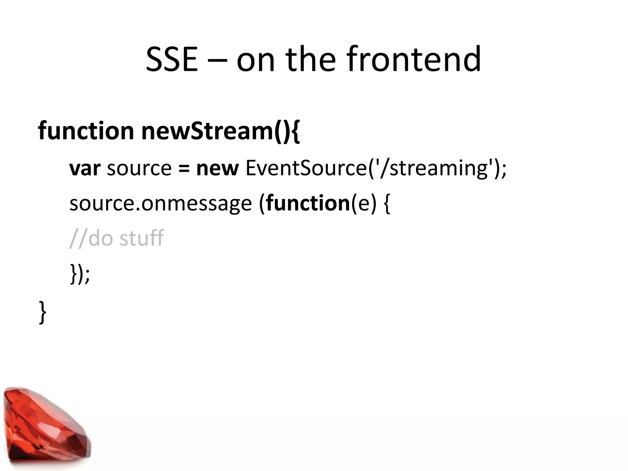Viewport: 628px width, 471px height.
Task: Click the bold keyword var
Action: pyautogui.click(x=85, y=169)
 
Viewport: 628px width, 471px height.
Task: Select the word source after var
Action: pyautogui.click(x=139, y=169)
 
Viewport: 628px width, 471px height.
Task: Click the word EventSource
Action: pyautogui.click(x=307, y=169)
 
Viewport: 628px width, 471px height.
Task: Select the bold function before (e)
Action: pyautogui.click(x=308, y=204)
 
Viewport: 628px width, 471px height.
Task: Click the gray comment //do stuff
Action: pyautogui.click(x=117, y=238)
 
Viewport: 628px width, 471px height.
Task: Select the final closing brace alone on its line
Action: pyautogui.click(x=43, y=312)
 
